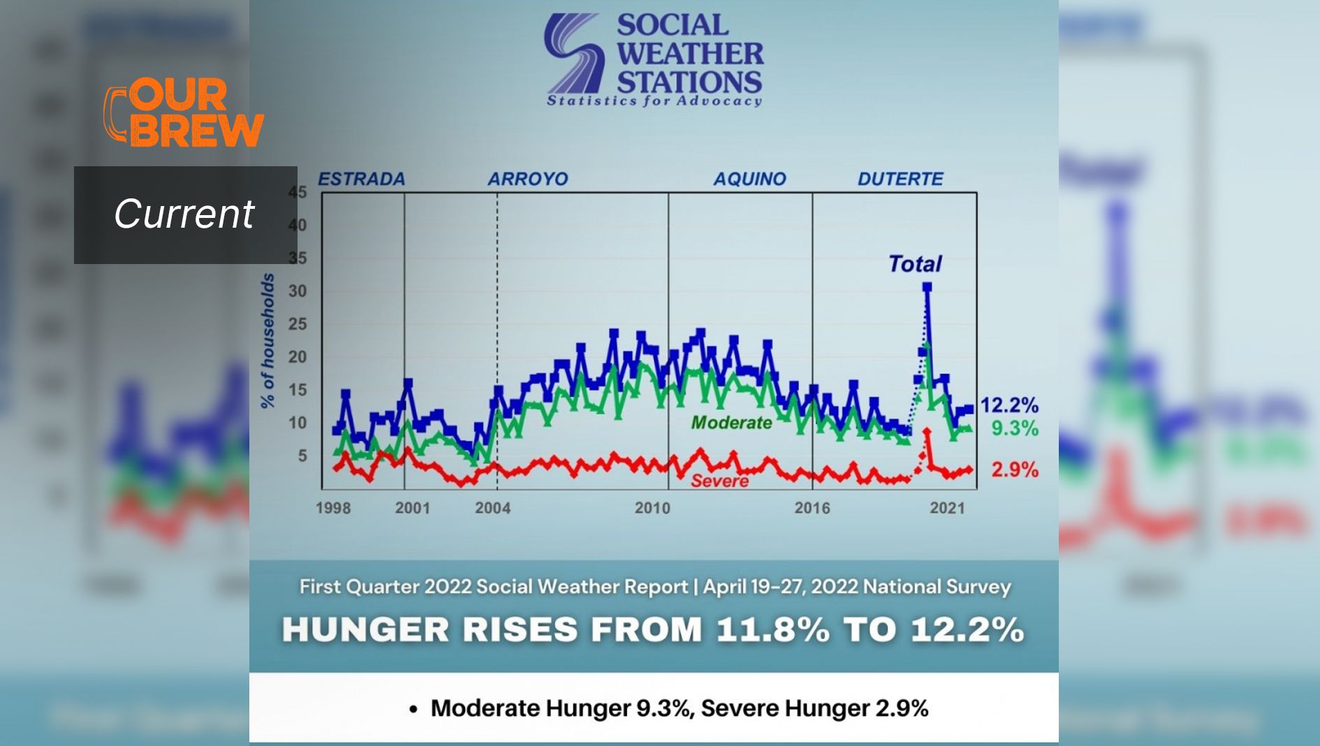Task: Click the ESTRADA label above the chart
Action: click(361, 179)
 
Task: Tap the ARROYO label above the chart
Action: click(527, 179)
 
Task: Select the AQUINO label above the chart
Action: click(749, 179)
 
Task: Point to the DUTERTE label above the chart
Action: click(900, 179)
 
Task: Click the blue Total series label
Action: click(914, 263)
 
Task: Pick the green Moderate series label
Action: click(731, 423)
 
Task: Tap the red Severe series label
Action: click(719, 481)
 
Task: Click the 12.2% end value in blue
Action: click(1009, 404)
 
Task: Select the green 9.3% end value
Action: click(1015, 428)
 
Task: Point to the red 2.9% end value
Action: click(1015, 469)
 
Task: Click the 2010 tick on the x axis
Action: click(652, 508)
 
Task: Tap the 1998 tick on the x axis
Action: click(333, 508)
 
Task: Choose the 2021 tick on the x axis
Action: click(947, 508)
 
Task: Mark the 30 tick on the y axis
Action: click(298, 291)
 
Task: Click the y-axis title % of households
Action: click(267, 340)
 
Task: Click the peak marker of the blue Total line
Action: click(927, 287)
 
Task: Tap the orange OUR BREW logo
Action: click(184, 112)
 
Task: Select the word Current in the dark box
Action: click(184, 214)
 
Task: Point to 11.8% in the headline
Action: click(772, 629)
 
